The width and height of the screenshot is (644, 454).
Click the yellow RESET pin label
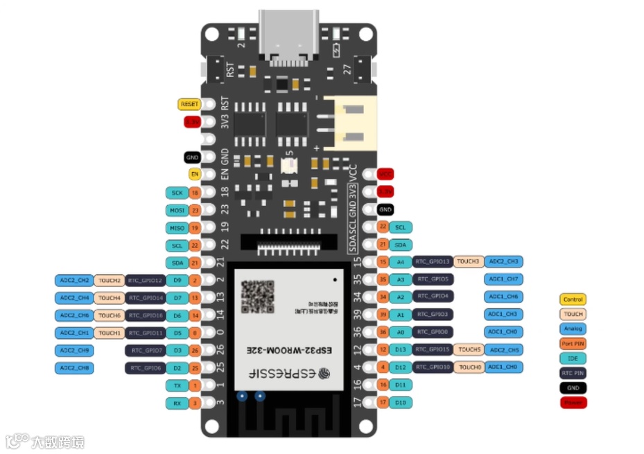click(189, 104)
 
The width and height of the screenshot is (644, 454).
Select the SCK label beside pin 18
click(175, 192)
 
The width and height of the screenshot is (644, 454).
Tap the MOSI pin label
click(175, 210)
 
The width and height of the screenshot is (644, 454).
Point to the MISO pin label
click(175, 227)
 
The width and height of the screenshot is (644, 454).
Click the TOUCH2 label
click(110, 281)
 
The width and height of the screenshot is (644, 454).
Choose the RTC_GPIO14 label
click(145, 298)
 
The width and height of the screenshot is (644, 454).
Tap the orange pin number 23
click(195, 210)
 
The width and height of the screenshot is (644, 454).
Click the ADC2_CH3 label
click(504, 261)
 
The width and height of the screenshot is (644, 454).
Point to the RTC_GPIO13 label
click(433, 261)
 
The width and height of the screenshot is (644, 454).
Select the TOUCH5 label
click(469, 349)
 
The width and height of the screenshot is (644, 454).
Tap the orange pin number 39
click(383, 314)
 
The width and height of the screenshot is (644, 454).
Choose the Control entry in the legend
click(573, 299)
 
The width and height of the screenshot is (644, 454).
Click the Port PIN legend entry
click(573, 343)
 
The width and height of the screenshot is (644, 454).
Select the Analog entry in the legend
click(573, 329)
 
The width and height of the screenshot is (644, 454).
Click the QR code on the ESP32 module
click(257, 296)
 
